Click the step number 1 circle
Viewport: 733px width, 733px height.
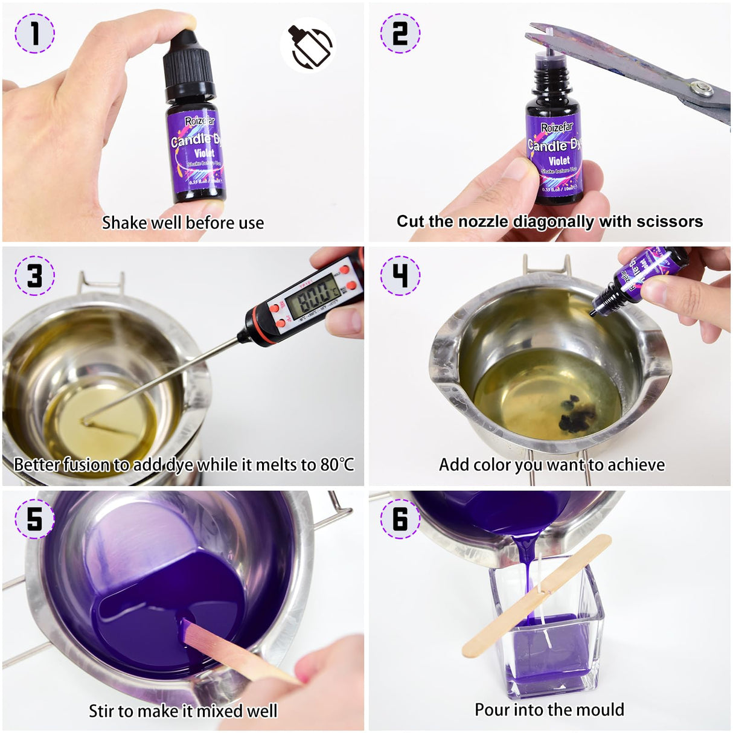[34, 33]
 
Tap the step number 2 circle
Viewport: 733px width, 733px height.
[400, 33]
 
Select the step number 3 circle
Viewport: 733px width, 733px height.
[34, 275]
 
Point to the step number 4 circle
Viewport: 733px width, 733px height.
[400, 275]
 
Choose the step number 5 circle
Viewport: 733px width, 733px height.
[34, 519]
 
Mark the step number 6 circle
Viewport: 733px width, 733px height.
[400, 519]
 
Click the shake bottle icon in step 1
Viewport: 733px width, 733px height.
[308, 45]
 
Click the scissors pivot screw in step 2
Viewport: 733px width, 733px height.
[701, 89]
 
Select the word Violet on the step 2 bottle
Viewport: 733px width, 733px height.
[559, 161]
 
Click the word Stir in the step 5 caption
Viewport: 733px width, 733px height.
[101, 711]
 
